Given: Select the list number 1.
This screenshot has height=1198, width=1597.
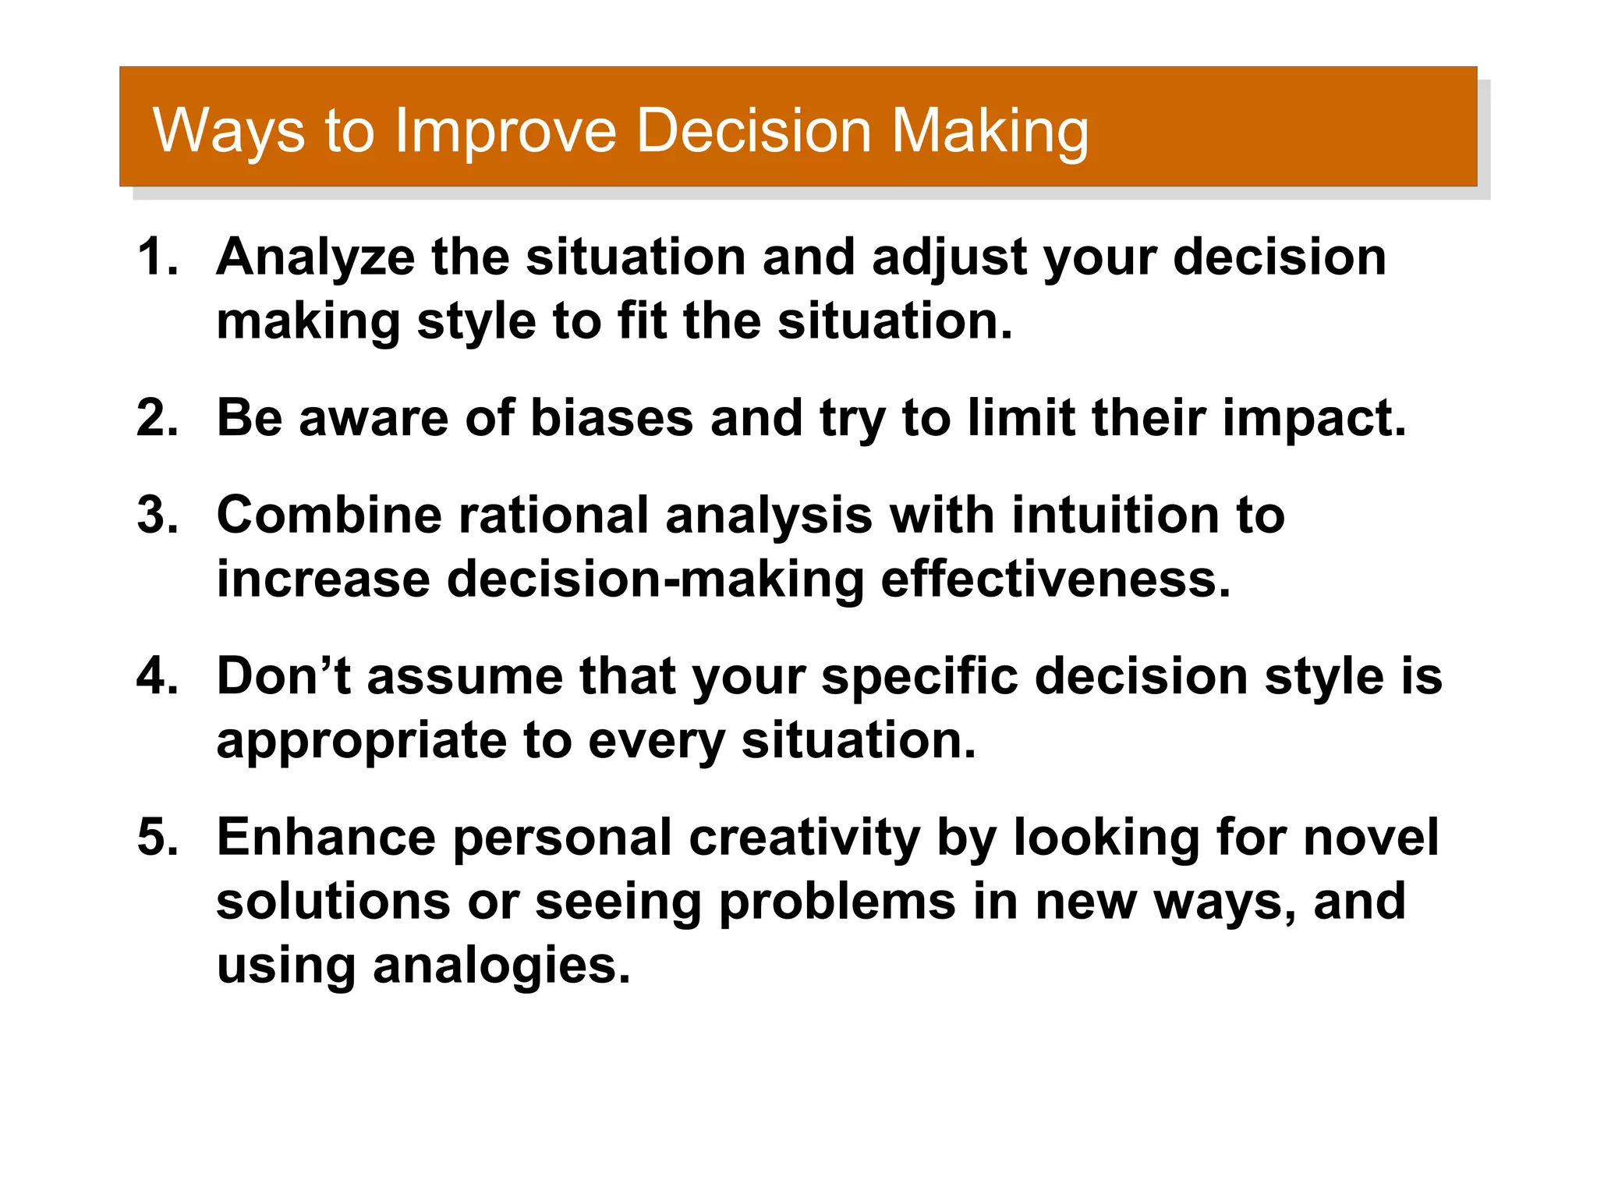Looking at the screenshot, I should [156, 257].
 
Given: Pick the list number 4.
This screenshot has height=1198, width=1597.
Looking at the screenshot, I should [156, 675].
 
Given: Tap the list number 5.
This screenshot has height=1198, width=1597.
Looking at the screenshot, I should [156, 837].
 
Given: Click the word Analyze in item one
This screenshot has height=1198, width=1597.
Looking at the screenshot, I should [315, 257].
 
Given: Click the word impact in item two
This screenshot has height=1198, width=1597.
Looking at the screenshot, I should [1314, 419].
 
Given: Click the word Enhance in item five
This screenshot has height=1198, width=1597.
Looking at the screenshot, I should [326, 837].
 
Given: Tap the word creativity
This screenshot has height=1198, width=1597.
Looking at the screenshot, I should [804, 837].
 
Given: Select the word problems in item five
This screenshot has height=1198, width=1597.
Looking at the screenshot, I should [837, 902].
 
